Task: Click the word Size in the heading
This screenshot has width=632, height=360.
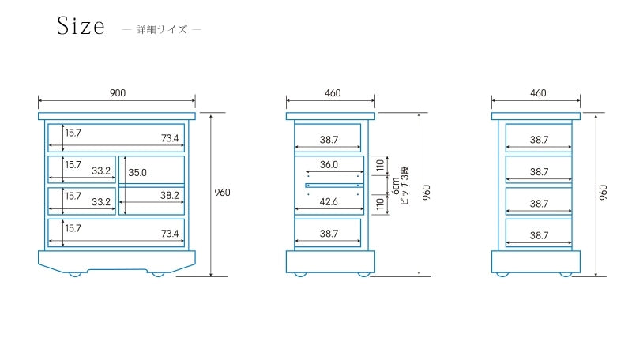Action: pyautogui.click(x=81, y=27)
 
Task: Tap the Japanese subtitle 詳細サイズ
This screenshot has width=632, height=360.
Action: pyautogui.click(x=162, y=30)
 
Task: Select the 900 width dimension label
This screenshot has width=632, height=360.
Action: pyautogui.click(x=117, y=93)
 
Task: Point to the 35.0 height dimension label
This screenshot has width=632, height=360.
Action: pyautogui.click(x=137, y=172)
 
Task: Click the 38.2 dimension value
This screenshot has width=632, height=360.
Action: pyautogui.click(x=170, y=195)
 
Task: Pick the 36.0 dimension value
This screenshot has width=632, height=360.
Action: pyautogui.click(x=329, y=165)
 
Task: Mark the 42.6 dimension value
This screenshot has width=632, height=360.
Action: pyautogui.click(x=329, y=202)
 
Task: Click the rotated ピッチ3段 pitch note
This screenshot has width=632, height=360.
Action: pyautogui.click(x=404, y=186)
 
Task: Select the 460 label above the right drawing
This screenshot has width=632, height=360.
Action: pyautogui.click(x=538, y=93)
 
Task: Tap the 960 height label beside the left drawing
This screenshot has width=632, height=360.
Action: pyautogui.click(x=222, y=193)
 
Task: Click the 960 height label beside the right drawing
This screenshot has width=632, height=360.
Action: pyautogui.click(x=603, y=192)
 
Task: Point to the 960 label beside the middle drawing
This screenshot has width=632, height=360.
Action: pyautogui.click(x=427, y=192)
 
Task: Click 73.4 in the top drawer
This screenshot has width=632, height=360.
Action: pyautogui.click(x=170, y=139)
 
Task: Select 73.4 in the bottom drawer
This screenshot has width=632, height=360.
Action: pyautogui.click(x=170, y=234)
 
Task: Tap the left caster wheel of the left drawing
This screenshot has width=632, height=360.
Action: pyautogui.click(x=76, y=273)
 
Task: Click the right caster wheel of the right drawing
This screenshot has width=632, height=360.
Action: pyautogui.click(x=566, y=273)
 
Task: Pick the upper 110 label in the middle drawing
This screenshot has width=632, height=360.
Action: pyautogui.click(x=380, y=166)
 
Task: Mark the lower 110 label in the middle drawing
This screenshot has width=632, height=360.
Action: pyautogui.click(x=380, y=204)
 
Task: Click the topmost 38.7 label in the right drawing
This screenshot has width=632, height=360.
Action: pyautogui.click(x=540, y=140)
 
